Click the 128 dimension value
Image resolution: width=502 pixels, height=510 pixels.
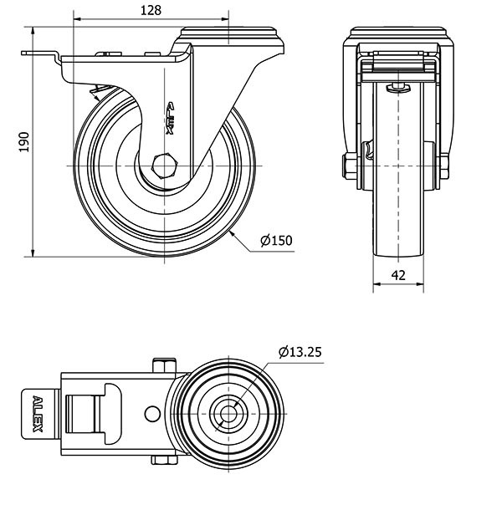[x=151, y=10]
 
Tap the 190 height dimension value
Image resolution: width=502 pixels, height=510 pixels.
[x=24, y=142]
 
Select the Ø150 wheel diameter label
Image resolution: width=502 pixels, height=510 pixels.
[x=276, y=240]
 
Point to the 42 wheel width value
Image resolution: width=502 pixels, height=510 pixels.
[x=398, y=275]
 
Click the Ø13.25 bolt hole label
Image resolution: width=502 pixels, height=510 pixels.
[x=300, y=352]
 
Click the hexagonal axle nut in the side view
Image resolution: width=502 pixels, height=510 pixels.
[x=165, y=166]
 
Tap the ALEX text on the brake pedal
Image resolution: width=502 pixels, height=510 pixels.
[x=38, y=414]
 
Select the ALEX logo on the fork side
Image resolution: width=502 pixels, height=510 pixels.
[x=171, y=119]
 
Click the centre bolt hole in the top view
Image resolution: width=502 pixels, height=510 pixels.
[x=228, y=414]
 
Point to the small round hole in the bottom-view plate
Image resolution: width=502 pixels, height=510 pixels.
[x=152, y=413]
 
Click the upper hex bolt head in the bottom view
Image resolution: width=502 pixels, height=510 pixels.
[x=164, y=365]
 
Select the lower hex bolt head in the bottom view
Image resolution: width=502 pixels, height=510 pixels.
[x=164, y=459]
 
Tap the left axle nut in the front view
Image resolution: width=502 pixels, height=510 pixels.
[x=350, y=166]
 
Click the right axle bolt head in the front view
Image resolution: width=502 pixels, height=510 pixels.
[x=444, y=166]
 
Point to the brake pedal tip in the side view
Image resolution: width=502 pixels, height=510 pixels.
[x=23, y=53]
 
